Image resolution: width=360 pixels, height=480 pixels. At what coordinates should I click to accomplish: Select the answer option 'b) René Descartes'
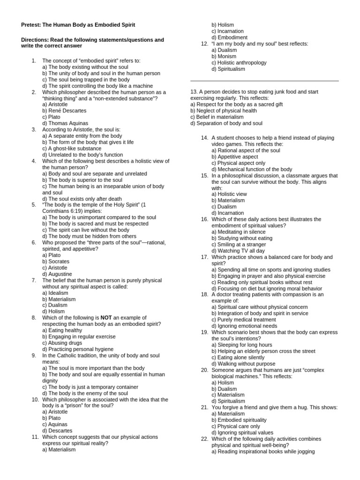click(64, 111)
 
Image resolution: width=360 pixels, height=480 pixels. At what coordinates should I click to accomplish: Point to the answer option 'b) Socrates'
click(58, 261)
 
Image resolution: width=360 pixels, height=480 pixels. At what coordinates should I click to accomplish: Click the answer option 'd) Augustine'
click(58, 274)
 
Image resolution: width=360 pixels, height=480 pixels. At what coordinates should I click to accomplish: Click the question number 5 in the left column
click(34, 205)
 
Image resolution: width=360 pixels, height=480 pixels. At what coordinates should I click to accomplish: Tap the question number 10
click(35, 399)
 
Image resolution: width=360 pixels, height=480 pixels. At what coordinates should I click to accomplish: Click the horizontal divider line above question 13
click(264, 81)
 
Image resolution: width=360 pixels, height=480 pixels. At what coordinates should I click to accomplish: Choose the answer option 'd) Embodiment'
click(229, 37)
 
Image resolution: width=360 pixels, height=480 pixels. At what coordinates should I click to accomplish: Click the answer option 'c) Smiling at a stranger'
click(238, 244)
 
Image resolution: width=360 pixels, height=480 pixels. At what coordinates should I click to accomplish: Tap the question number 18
click(204, 294)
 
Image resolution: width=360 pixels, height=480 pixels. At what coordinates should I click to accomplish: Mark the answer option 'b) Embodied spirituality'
click(239, 420)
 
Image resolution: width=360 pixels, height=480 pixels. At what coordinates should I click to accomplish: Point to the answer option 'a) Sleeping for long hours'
click(242, 345)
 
